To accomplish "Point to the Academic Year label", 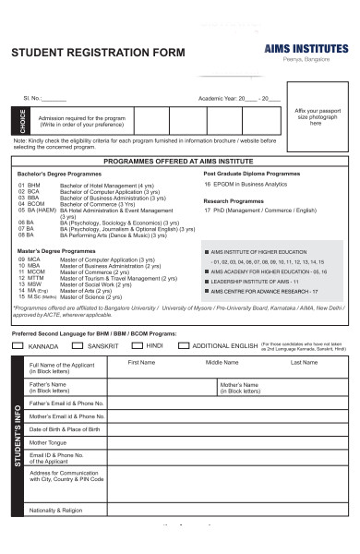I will pyautogui.click(x=217, y=97).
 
